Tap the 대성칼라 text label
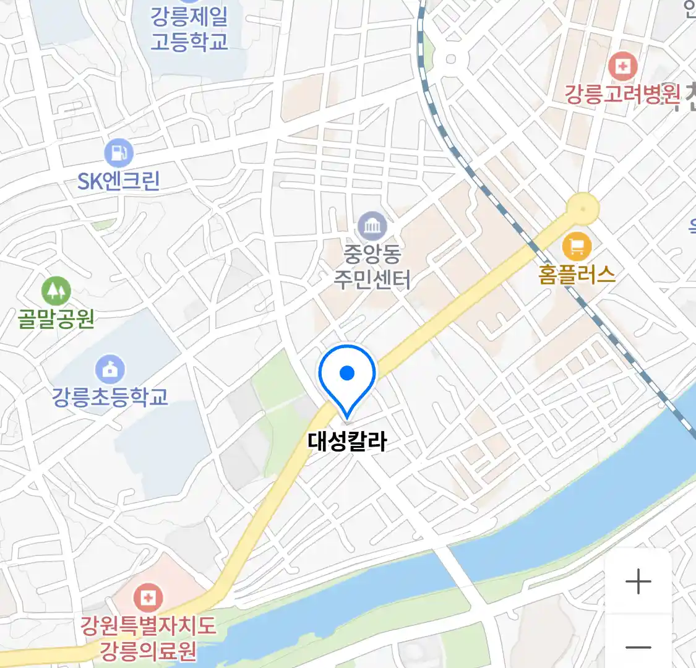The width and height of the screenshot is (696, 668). [x=347, y=442]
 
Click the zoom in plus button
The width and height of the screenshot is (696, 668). [x=638, y=582]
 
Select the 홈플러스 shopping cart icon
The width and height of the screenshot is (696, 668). [x=577, y=247]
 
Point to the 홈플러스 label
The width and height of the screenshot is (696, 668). [x=577, y=275]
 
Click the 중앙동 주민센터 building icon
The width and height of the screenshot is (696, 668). [x=372, y=226]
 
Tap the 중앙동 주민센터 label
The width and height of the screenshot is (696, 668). [x=372, y=267]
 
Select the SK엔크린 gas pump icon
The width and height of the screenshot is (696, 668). [x=119, y=152]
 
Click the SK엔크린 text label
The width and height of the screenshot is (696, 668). [x=119, y=181]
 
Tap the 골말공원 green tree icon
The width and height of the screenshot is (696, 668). [x=56, y=291]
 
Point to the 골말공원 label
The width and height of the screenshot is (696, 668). [x=56, y=319]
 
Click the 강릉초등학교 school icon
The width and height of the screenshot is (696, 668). [x=110, y=370]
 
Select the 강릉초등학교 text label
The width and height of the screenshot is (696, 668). [x=110, y=396]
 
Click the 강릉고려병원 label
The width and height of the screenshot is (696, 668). [x=622, y=94]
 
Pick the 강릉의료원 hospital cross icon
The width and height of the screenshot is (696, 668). [x=148, y=597]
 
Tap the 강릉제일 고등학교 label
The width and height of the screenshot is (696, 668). [x=189, y=29]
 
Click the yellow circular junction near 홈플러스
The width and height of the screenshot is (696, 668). [x=583, y=208]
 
